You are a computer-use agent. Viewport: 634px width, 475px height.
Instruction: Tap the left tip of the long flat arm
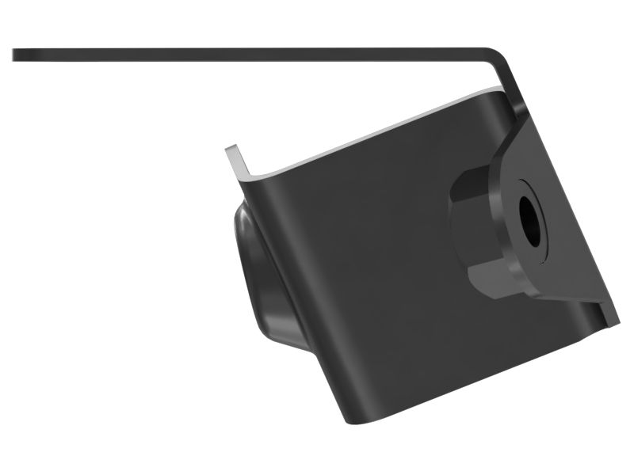click(16, 55)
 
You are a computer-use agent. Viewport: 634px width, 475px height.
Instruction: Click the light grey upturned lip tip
click(231, 150)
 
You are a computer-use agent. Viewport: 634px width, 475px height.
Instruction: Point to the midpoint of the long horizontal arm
click(254, 54)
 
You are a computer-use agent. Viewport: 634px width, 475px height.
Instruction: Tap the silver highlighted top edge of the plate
click(380, 135)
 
